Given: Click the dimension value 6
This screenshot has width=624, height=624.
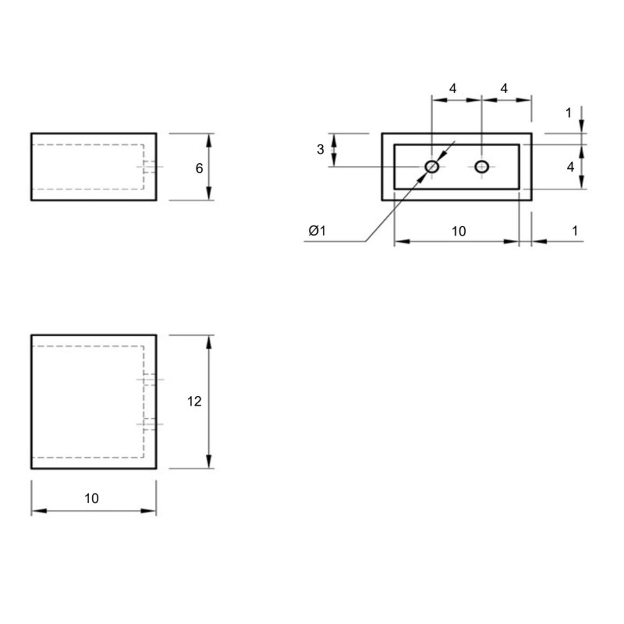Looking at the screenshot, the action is pyautogui.click(x=199, y=168).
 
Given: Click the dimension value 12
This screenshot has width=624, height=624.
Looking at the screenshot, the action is pyautogui.click(x=194, y=401).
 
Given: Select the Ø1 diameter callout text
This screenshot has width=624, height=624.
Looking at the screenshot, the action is pyautogui.click(x=317, y=230).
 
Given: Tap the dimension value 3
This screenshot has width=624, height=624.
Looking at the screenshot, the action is pyautogui.click(x=320, y=149).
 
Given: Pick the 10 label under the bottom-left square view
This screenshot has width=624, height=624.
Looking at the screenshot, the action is pyautogui.click(x=92, y=498).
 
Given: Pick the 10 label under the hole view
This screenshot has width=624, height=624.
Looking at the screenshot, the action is pyautogui.click(x=458, y=231).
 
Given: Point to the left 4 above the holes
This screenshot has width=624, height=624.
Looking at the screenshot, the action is pyautogui.click(x=452, y=89).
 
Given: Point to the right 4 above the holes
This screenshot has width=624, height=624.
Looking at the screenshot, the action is pyautogui.click(x=504, y=89).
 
